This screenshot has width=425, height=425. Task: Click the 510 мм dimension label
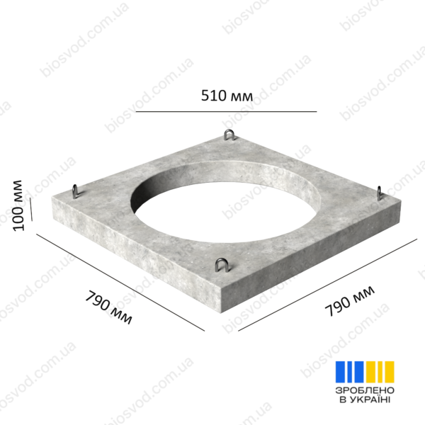point(227,96)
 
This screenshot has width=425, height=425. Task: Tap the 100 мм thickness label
point(18,205)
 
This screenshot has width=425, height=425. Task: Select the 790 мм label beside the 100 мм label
point(108,307)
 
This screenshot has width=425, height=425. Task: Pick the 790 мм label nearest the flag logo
point(350,301)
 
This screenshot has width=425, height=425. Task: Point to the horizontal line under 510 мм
point(226,111)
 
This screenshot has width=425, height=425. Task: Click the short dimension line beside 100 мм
point(31,209)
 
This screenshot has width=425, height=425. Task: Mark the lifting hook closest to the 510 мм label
point(229,135)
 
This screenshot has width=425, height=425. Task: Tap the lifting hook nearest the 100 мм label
point(76,191)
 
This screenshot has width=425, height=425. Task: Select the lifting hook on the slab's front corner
point(222,265)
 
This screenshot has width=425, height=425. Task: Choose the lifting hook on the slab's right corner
point(380,193)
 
